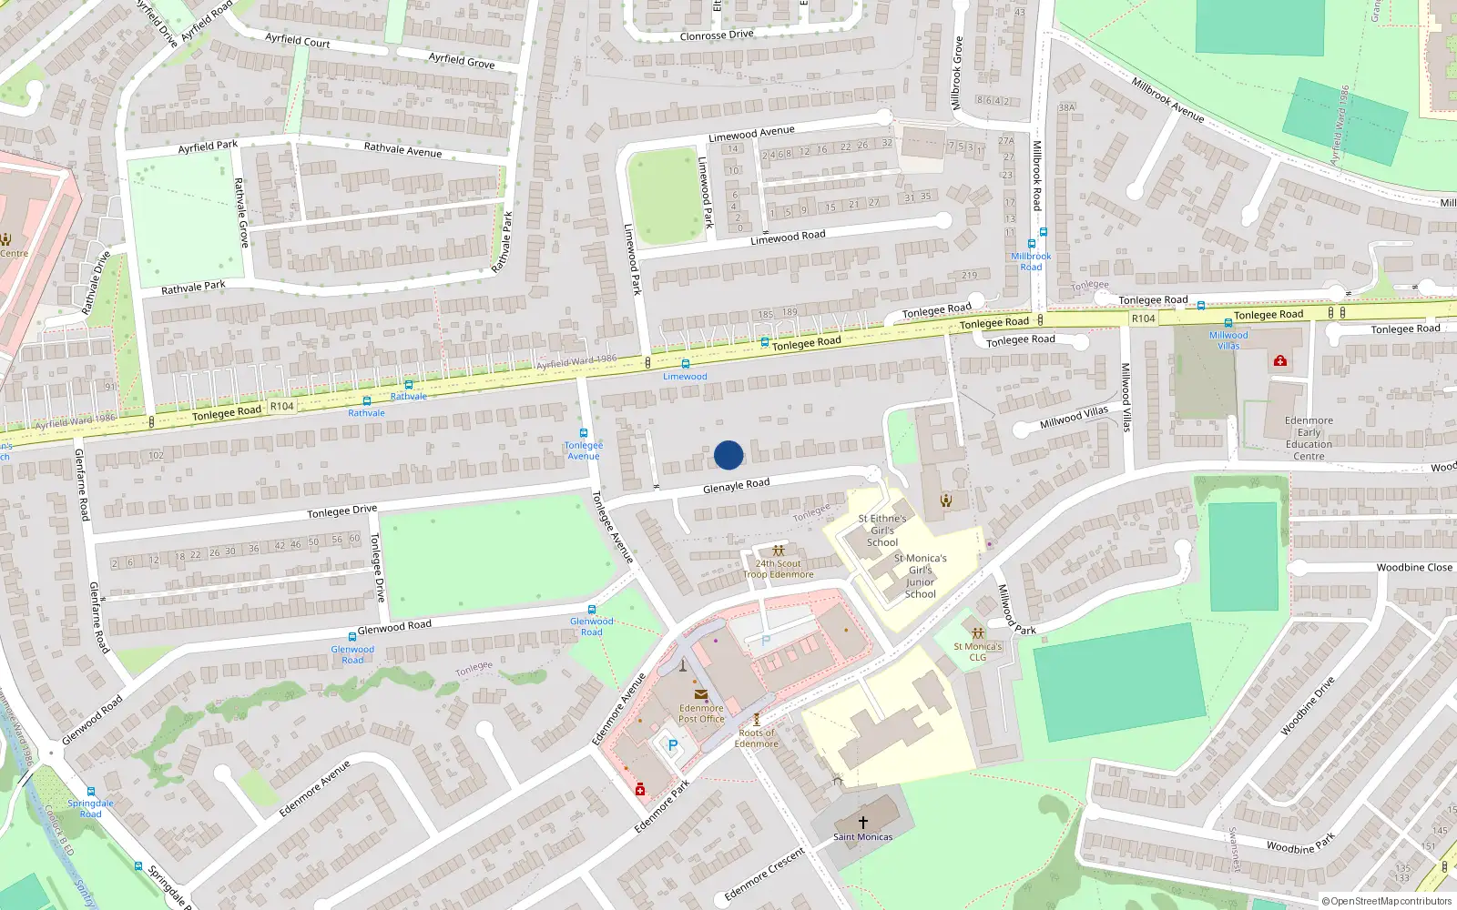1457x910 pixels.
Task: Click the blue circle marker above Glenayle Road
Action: click(x=728, y=455)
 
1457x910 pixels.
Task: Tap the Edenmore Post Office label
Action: click(x=701, y=713)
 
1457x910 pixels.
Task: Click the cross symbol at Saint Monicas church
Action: click(x=862, y=823)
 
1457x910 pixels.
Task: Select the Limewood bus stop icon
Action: click(x=686, y=364)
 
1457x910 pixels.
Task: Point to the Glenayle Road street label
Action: click(x=736, y=486)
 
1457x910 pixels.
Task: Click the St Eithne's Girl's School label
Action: click(x=881, y=531)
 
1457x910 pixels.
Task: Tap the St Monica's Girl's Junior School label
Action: click(x=920, y=576)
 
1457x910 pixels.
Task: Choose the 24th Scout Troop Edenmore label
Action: click(x=778, y=569)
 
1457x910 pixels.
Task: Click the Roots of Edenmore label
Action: click(x=757, y=738)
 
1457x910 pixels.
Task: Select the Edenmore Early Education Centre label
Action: click(x=1309, y=439)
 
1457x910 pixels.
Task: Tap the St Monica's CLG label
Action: click(x=977, y=652)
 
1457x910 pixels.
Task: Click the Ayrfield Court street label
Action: click(x=297, y=40)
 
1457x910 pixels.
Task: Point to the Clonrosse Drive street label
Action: click(x=717, y=35)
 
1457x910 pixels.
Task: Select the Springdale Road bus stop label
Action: click(x=90, y=808)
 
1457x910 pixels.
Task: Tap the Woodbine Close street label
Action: click(x=1414, y=567)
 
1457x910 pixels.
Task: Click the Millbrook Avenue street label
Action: click(x=1167, y=99)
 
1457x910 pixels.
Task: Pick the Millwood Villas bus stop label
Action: click(x=1228, y=340)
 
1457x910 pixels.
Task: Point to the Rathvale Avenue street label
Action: click(x=402, y=150)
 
